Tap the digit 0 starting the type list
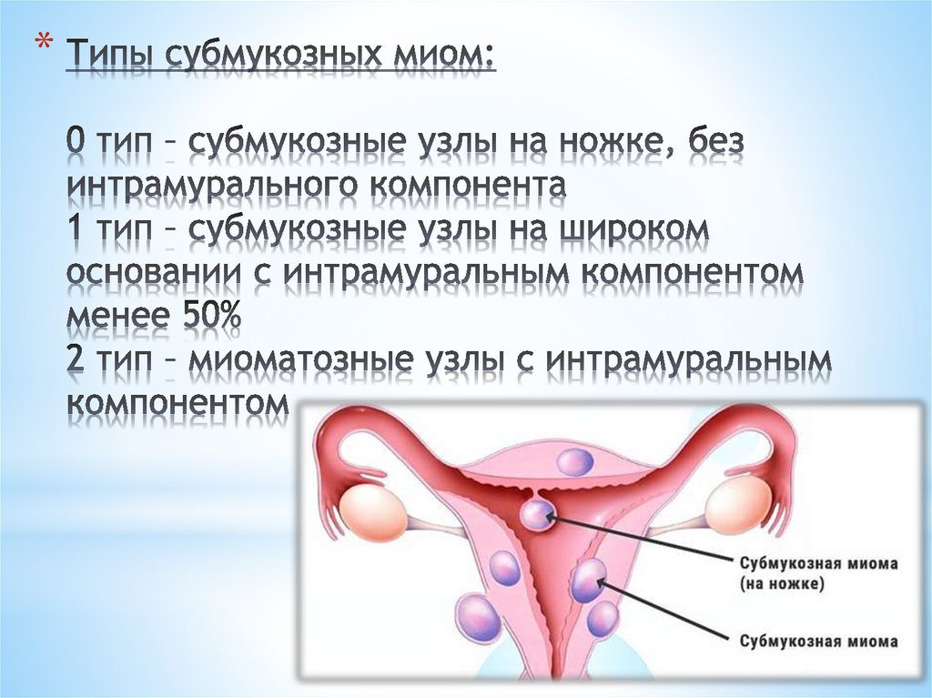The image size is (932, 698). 77,142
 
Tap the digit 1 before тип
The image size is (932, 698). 76,229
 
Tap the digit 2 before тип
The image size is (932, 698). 76,359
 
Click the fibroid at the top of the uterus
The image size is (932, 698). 575,461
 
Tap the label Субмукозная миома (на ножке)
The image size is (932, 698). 818,573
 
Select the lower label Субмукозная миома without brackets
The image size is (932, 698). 818,642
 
